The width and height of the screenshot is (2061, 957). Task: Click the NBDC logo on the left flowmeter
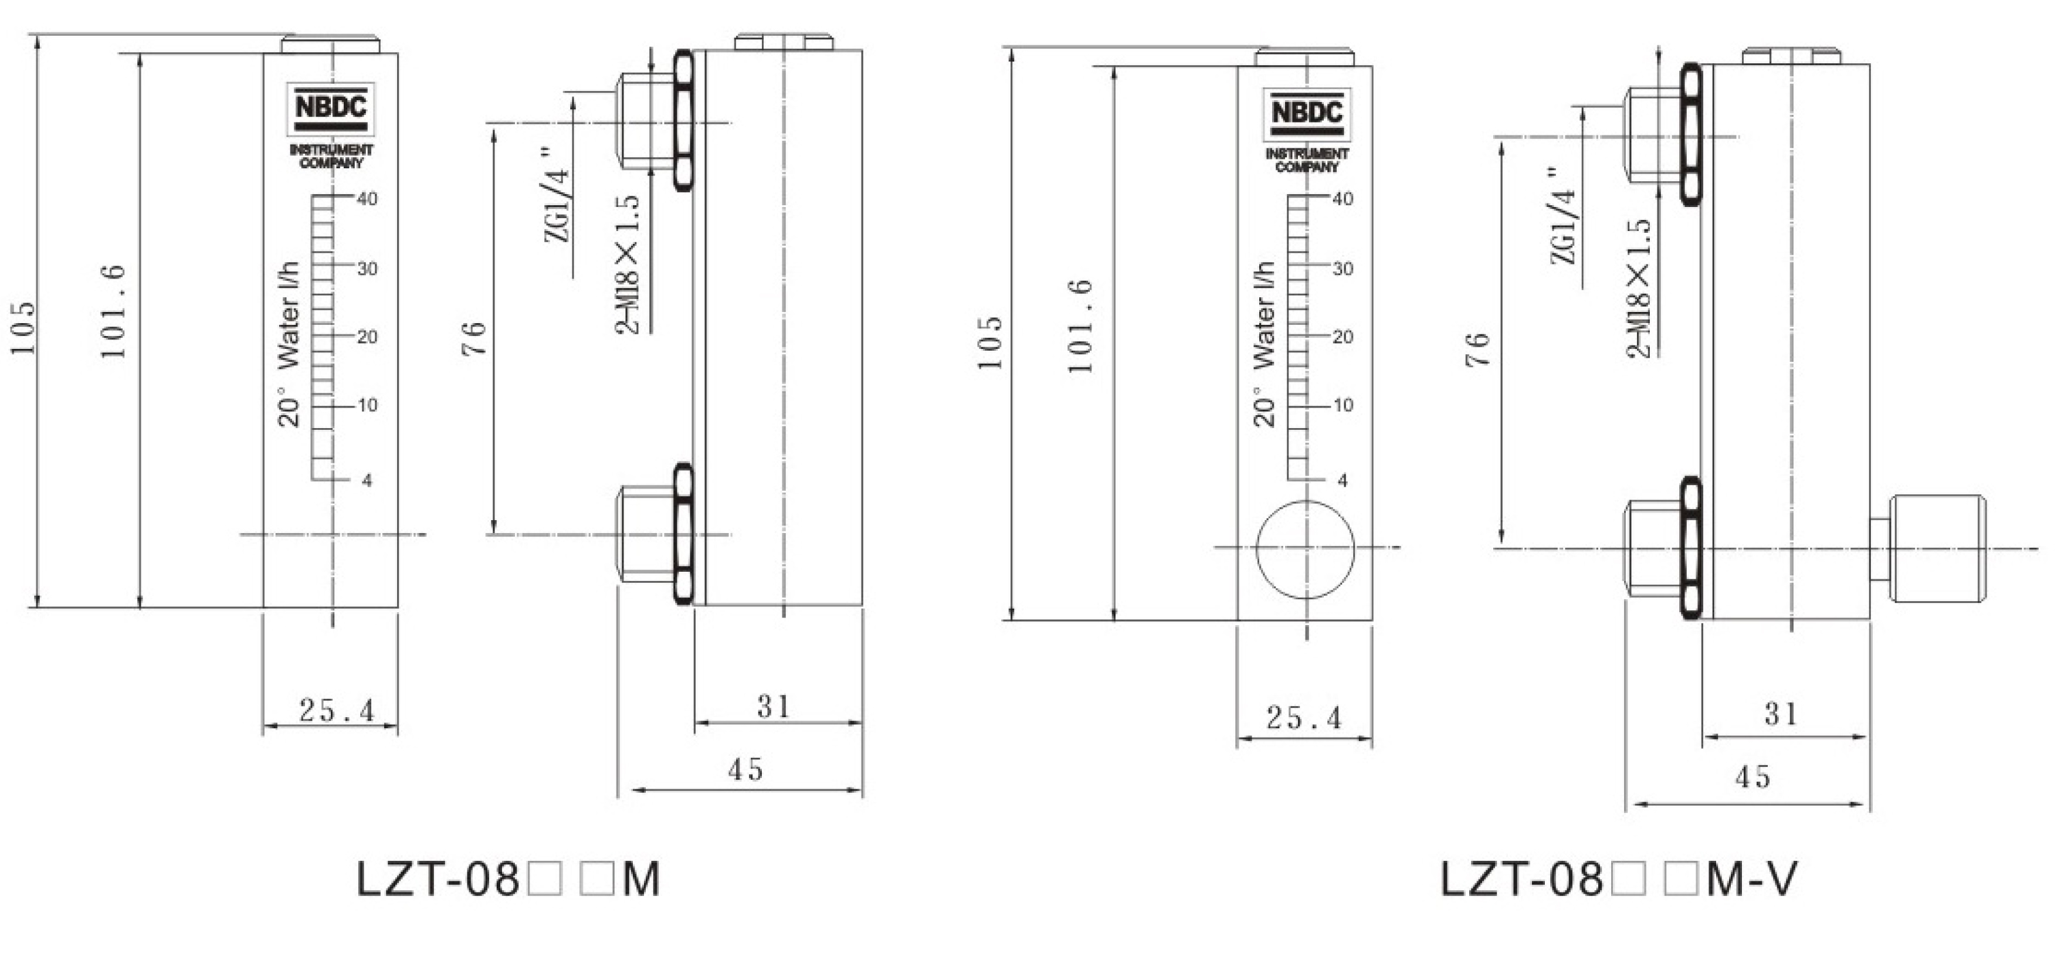[330, 108]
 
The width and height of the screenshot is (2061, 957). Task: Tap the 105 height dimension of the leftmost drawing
[24, 328]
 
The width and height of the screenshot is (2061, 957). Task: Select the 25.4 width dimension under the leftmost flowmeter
[337, 710]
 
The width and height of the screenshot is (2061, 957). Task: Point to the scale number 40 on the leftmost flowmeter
[367, 198]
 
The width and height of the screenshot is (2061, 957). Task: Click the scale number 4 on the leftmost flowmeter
[367, 481]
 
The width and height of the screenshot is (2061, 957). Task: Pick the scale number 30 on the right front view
[1343, 269]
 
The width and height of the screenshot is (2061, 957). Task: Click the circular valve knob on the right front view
[1306, 549]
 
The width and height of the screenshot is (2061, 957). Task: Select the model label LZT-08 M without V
[508, 880]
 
